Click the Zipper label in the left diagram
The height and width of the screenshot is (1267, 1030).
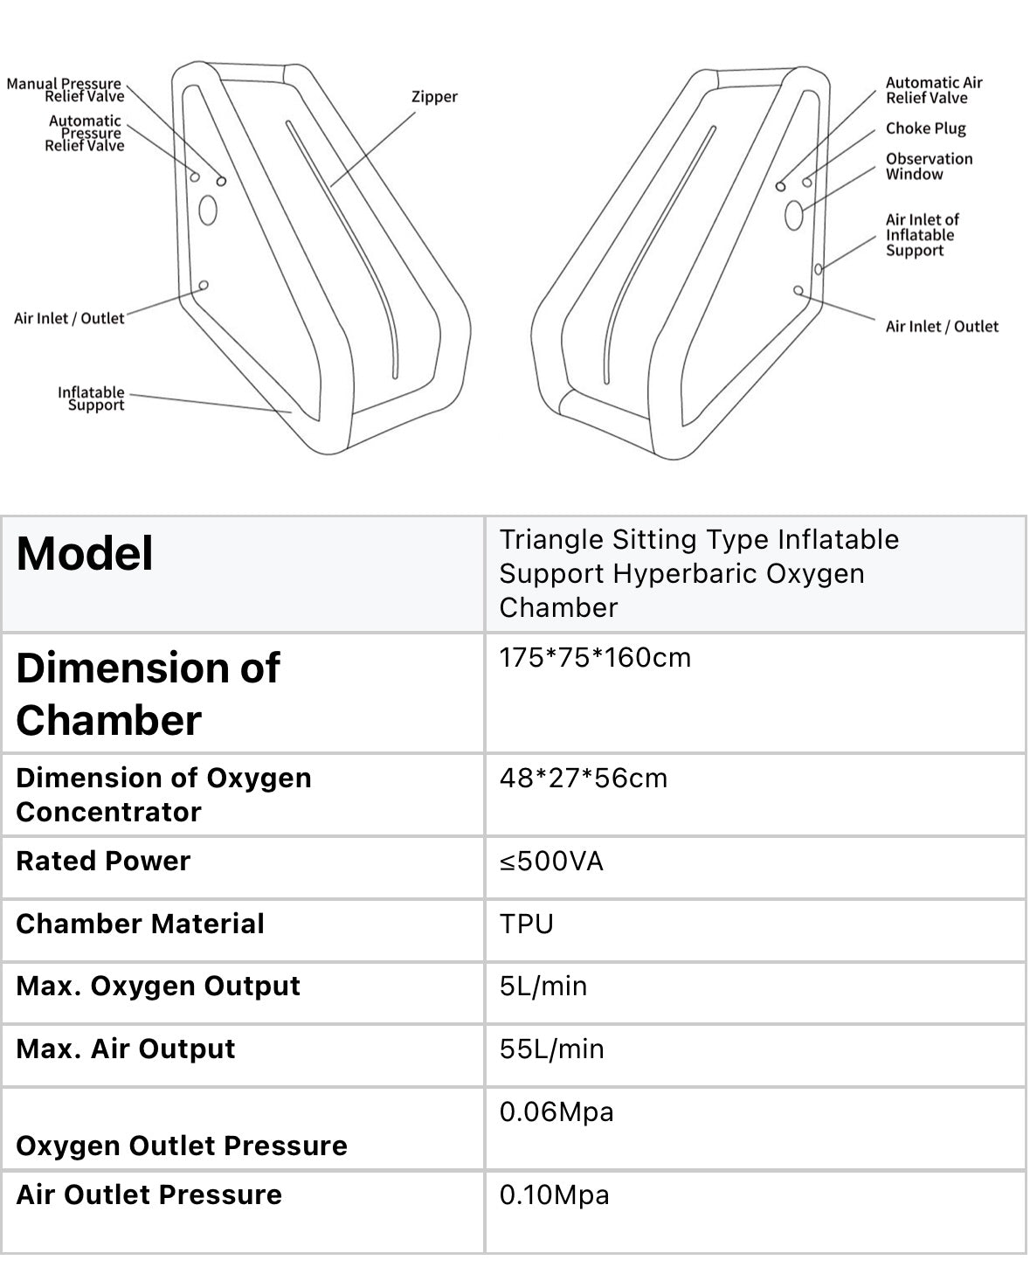(x=434, y=97)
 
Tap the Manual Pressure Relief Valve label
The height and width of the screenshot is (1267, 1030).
(x=66, y=90)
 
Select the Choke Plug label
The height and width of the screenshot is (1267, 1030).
(x=925, y=128)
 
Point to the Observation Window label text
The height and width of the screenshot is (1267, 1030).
(x=928, y=166)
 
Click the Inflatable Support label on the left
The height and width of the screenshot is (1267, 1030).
(x=92, y=398)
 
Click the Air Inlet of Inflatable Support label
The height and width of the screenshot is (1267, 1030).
(x=922, y=235)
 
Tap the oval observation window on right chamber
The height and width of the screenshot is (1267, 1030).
(x=794, y=214)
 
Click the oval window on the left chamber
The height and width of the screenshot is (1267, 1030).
(x=208, y=210)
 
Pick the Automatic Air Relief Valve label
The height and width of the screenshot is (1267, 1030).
(x=933, y=90)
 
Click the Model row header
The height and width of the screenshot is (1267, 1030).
(x=85, y=554)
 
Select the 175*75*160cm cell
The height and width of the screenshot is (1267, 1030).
(x=595, y=657)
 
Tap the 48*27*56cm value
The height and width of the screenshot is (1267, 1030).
(x=583, y=778)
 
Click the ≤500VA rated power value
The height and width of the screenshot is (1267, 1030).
(x=551, y=862)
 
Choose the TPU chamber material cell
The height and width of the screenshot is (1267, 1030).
(x=526, y=924)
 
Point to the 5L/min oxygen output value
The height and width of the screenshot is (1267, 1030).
(x=543, y=987)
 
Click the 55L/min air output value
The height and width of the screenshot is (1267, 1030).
(x=551, y=1049)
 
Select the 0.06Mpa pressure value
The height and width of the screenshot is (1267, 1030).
(x=556, y=1112)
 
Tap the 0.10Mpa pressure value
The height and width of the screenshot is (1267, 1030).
(x=554, y=1194)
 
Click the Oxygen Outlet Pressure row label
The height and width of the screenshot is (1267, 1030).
(x=181, y=1146)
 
